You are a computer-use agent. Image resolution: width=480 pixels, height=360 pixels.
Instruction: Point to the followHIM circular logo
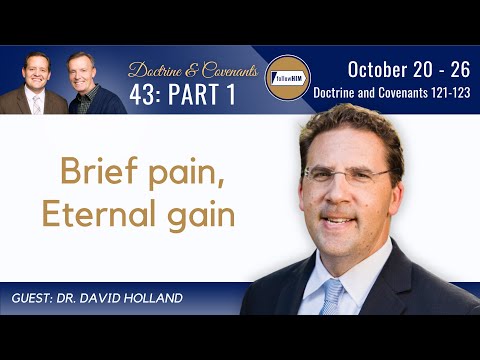[x=287, y=77]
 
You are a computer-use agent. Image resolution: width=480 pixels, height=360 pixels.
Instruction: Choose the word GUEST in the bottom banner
[x=37, y=300]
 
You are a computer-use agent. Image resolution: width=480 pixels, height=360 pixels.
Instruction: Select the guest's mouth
[x=339, y=220]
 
